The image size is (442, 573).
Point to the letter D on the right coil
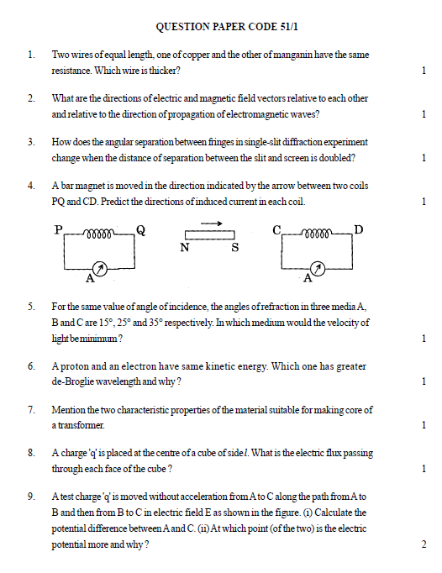click(x=359, y=230)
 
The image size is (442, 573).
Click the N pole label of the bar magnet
click(x=184, y=248)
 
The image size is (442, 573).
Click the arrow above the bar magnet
click(x=212, y=223)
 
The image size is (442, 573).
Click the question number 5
click(x=31, y=308)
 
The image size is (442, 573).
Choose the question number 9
click(x=31, y=496)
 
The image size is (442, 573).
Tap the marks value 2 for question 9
click(x=423, y=544)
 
